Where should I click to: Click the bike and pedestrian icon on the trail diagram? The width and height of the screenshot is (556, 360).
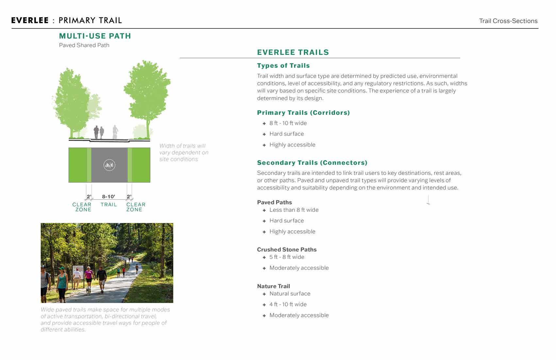109,165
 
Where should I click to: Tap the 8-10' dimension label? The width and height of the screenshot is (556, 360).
109,197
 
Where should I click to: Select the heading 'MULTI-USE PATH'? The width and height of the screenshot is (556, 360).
95,36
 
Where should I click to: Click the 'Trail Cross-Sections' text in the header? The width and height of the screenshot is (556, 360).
508,21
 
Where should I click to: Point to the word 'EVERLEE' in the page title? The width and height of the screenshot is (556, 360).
30,20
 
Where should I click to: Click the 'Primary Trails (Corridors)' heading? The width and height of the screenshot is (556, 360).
303,112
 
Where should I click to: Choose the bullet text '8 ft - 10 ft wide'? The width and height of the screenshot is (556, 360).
288,123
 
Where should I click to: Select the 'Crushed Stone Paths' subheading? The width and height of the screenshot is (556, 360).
287,249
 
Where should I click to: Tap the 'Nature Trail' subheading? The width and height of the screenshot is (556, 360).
273,286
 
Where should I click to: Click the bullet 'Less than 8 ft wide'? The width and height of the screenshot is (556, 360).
294,210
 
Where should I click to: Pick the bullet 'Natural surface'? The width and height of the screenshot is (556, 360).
290,294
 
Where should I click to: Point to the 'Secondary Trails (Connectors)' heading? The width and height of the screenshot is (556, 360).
312,163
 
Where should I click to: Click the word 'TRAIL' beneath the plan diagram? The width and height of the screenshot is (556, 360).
109,205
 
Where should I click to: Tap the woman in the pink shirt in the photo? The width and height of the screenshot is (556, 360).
89,276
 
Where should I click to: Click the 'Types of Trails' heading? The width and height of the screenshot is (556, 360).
283,65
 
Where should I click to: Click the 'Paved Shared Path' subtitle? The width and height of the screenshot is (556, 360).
84,45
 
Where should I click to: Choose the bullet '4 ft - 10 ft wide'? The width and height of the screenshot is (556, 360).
288,304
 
